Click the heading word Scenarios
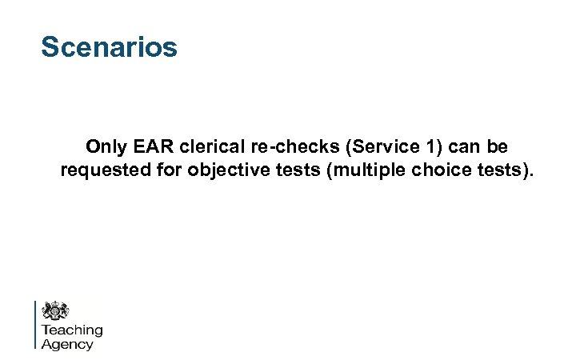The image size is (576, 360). point(109,47)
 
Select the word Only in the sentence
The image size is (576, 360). point(106,148)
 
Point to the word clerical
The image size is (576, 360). point(210,148)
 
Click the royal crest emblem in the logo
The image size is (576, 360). point(55,310)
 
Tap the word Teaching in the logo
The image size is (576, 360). point(72,330)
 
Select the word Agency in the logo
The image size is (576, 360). point(67,344)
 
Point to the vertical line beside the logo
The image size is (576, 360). point(35,324)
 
